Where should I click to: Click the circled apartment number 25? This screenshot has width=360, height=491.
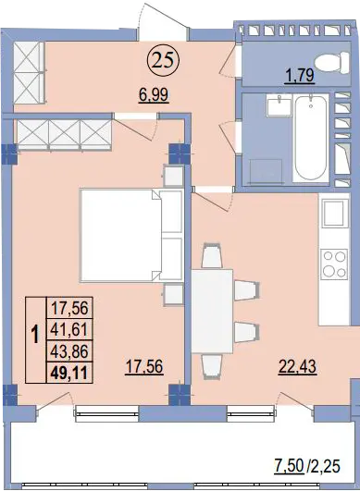tap(163, 61)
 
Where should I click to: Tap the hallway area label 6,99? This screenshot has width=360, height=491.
tap(155, 94)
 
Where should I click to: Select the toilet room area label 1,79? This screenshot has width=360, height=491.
tap(300, 76)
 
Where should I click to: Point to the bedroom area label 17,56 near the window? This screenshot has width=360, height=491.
tap(144, 366)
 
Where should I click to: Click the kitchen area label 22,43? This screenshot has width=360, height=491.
tap(297, 366)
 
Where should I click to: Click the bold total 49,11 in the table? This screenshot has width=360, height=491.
tap(69, 373)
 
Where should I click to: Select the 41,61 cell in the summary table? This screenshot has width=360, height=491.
tap(69, 329)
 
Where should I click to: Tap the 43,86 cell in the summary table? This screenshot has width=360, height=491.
tap(69, 351)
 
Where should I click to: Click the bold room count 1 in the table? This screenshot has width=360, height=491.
tap(36, 335)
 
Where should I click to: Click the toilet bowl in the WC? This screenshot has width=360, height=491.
tap(332, 63)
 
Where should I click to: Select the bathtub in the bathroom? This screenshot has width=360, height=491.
tap(311, 138)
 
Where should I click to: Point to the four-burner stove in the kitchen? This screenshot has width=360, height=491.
tap(335, 264)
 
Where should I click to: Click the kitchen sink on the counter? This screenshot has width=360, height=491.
tap(334, 213)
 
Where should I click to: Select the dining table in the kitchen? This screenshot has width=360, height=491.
tap(212, 311)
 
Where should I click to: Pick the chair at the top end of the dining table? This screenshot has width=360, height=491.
tap(212, 255)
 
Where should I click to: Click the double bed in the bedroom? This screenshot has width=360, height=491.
tap(131, 235)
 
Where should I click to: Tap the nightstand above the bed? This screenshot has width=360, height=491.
tap(173, 176)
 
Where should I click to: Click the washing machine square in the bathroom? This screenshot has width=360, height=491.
tap(267, 171)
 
